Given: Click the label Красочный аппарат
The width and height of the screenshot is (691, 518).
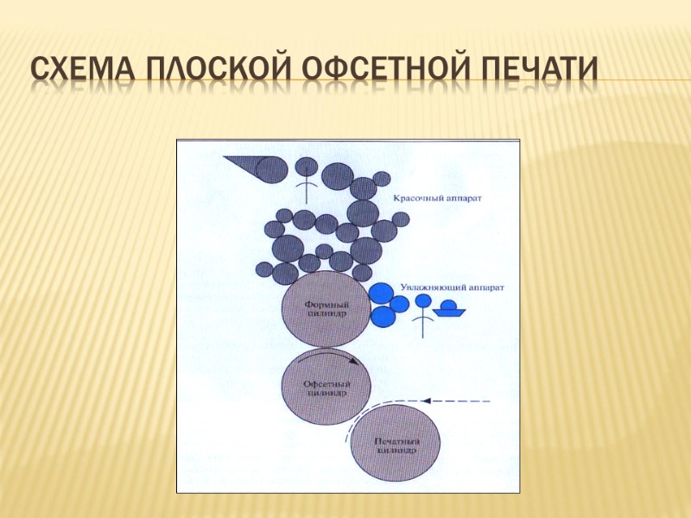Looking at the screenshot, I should [437, 199].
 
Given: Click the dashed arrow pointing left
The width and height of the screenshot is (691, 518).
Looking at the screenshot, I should [457, 401].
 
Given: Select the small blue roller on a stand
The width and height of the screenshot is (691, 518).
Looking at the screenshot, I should [422, 302].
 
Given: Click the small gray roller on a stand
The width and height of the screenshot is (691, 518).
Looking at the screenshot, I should [306, 166].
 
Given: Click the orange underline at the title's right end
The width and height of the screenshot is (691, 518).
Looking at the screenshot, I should [643, 81].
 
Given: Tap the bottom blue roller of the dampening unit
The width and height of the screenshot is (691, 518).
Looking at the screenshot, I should [384, 317].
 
